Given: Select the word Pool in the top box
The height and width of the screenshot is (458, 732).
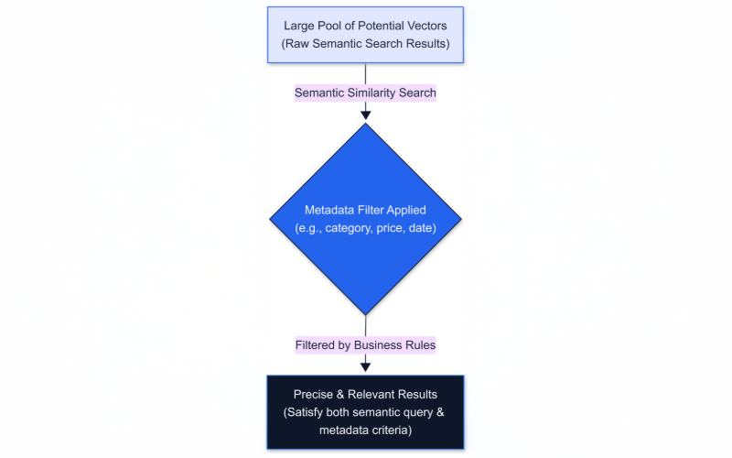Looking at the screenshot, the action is tap(337, 25).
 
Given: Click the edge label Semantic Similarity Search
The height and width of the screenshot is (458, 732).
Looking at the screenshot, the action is tap(365, 93).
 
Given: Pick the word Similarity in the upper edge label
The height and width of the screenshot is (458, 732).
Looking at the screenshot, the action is tap(376, 93).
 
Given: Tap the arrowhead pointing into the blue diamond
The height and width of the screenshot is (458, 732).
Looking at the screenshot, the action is tap(366, 114).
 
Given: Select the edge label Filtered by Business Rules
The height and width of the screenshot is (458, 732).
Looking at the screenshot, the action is tap(365, 345).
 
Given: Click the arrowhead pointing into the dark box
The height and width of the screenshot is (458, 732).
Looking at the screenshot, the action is tap(366, 367).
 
